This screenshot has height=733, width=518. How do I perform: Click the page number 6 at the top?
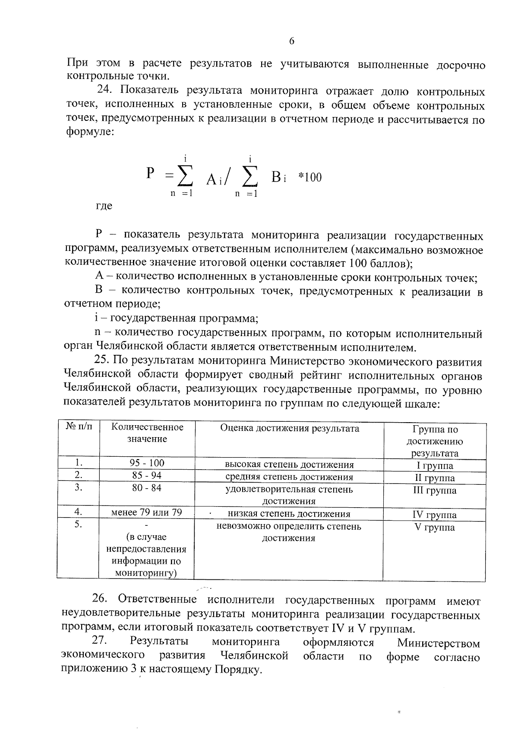click(291, 41)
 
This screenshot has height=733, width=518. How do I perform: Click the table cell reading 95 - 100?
click(147, 463)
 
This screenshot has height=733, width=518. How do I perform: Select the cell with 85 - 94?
click(147, 475)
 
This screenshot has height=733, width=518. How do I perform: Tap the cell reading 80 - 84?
click(147, 488)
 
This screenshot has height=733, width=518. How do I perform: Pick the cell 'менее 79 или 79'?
click(147, 512)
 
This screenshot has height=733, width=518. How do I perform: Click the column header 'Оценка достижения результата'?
click(289, 428)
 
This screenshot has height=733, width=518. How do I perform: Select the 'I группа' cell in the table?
click(435, 465)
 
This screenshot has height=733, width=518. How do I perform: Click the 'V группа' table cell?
click(435, 527)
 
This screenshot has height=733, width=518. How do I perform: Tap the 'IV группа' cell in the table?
click(435, 515)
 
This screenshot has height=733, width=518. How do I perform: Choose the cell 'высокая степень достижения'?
click(289, 464)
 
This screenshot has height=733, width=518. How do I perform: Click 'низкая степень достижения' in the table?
click(289, 514)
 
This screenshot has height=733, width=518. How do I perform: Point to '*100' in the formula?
click(310, 177)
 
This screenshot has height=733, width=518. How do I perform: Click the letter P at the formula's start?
click(150, 174)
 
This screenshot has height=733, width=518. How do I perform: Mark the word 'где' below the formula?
click(104, 206)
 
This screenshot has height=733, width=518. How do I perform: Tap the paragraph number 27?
click(99, 641)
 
